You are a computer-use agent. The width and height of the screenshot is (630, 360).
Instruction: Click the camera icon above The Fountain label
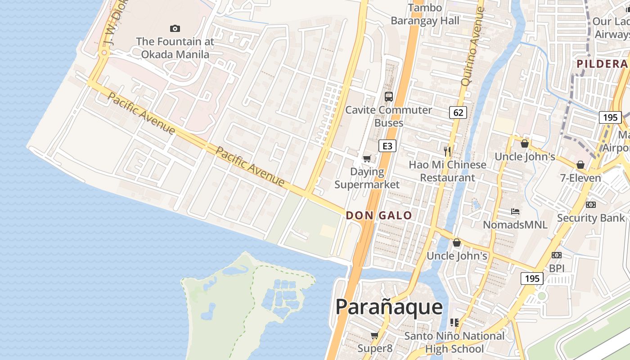[x=175, y=29]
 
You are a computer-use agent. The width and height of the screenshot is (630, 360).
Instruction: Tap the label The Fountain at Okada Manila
[x=175, y=48]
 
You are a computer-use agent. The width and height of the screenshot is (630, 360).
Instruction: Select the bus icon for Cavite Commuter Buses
[x=388, y=96]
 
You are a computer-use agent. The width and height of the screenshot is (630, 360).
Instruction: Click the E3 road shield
[x=387, y=146]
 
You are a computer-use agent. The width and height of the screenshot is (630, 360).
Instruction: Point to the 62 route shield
[x=458, y=112]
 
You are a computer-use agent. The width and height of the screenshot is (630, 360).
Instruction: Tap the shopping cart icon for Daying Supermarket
[x=367, y=158]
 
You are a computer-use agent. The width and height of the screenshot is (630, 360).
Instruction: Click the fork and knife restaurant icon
[x=447, y=151]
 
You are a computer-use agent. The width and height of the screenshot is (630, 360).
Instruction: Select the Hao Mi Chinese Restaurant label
[x=447, y=171]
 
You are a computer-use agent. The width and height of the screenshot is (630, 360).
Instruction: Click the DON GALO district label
[x=379, y=216]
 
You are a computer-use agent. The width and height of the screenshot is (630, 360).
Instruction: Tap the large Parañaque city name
[x=389, y=307]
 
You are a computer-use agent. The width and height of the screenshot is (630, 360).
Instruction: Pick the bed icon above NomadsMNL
[x=515, y=211]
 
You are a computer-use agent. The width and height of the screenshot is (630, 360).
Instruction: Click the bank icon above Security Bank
[x=590, y=205]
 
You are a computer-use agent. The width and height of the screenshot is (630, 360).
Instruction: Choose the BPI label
[x=557, y=268]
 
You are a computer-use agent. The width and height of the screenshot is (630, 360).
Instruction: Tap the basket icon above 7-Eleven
[x=580, y=165]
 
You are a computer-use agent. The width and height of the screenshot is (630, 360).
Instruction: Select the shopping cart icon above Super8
[x=374, y=335]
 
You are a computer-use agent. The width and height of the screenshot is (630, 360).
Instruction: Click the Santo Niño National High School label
[x=454, y=342]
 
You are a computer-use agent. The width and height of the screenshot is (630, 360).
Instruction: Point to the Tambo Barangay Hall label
[x=425, y=14]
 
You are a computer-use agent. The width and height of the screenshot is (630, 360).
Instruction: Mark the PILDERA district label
[x=602, y=64]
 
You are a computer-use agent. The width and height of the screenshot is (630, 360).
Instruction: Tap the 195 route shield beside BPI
[x=532, y=279]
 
